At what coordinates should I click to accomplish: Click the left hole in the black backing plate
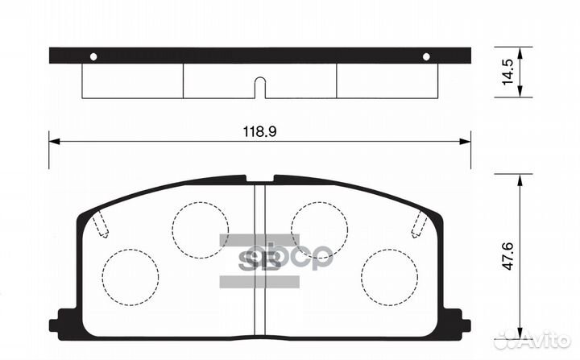93,56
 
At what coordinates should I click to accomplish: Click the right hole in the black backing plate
427,56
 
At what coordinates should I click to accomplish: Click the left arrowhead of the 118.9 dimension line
53,142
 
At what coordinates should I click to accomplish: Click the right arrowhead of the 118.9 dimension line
466,142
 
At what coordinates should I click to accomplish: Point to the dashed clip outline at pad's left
99,223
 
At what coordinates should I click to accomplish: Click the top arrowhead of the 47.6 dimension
520,180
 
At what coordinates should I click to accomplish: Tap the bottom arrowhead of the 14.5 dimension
520,93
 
